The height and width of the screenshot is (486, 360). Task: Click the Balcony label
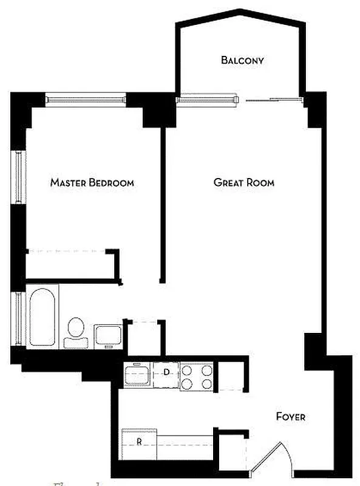coord(242,60)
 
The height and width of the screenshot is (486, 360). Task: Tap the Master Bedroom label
coord(92,182)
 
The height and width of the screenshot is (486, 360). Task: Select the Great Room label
coord(243,182)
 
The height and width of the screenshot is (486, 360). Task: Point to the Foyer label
coord(290,417)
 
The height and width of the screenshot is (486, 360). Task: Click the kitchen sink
coord(138,374)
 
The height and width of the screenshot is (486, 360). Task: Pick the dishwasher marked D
coord(166,374)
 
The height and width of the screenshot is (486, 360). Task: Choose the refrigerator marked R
coord(139,442)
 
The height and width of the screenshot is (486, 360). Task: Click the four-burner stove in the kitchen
coord(197,375)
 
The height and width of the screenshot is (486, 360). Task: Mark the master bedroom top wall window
coord(86,98)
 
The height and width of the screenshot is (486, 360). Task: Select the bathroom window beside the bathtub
coord(19,319)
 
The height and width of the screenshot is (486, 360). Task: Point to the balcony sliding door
coord(272,99)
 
